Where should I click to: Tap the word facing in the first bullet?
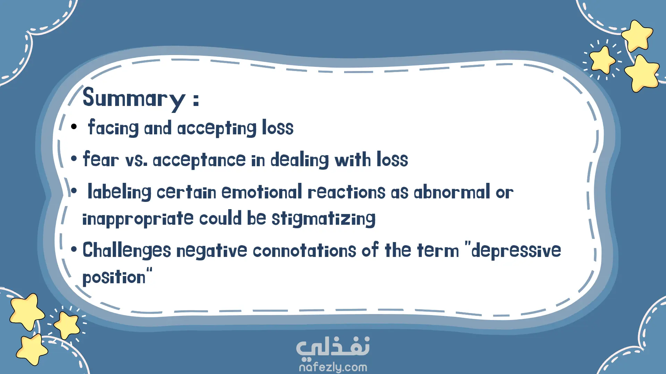[113, 128]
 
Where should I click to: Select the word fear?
[101, 159]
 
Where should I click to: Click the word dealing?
[299, 160]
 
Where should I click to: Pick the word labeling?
[119, 192]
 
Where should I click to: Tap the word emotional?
[262, 192]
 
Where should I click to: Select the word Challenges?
[127, 250]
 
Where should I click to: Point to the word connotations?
[304, 250]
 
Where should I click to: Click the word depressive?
[516, 250]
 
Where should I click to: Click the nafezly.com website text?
[333, 367]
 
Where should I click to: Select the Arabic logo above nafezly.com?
[333, 347]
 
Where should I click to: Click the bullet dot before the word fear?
[74, 159]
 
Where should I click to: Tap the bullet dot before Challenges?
[74, 250]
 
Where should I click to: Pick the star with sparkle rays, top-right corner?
[603, 60]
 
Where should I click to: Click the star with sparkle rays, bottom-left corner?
[67, 325]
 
